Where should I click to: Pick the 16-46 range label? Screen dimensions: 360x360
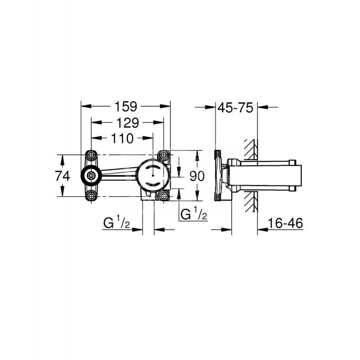[x=283, y=222]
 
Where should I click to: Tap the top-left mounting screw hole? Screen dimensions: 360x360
[x=92, y=156]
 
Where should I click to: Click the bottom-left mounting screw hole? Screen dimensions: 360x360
[x=92, y=196]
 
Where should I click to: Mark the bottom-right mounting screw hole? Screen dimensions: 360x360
[x=163, y=196]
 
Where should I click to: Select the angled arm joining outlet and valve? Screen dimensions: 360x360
[x=119, y=172]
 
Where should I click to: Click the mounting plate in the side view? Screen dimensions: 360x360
[x=219, y=175]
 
